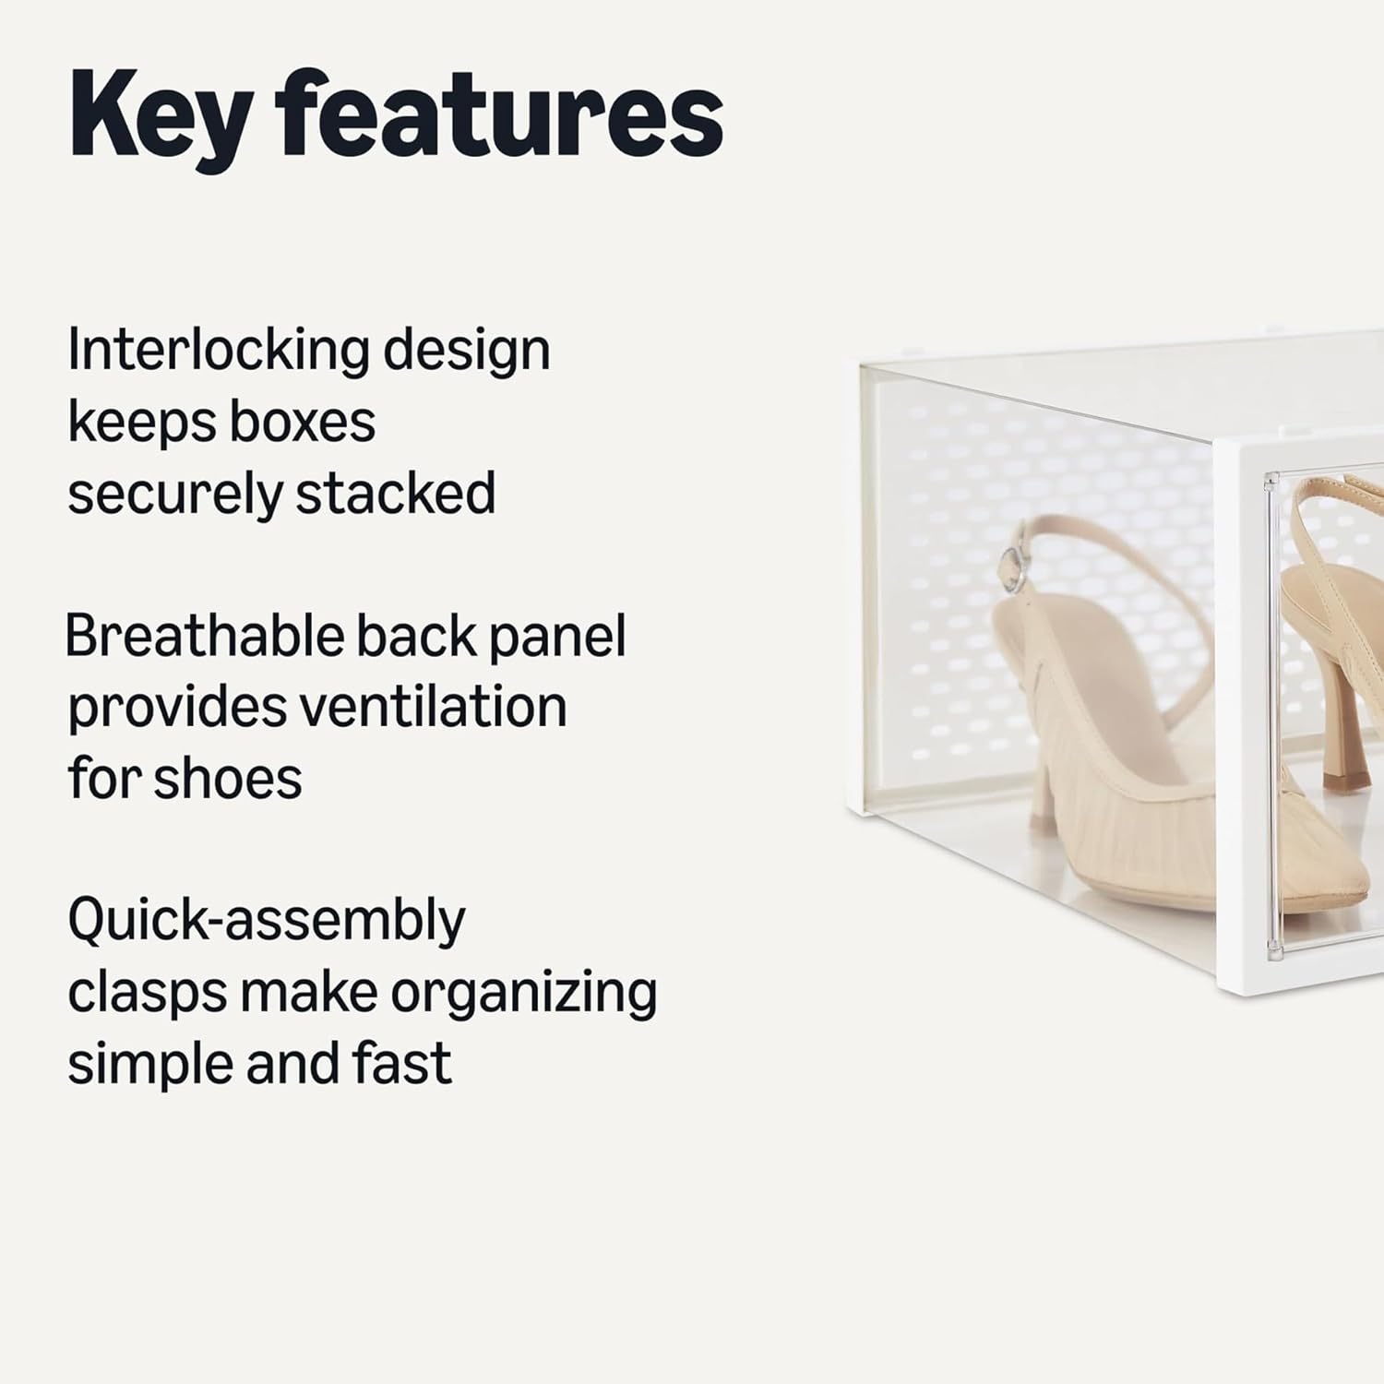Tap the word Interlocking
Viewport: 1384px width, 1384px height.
click(218, 351)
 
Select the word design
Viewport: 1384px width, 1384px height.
click(467, 351)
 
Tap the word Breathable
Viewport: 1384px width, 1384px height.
click(204, 636)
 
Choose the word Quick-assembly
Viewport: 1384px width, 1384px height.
click(267, 921)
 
